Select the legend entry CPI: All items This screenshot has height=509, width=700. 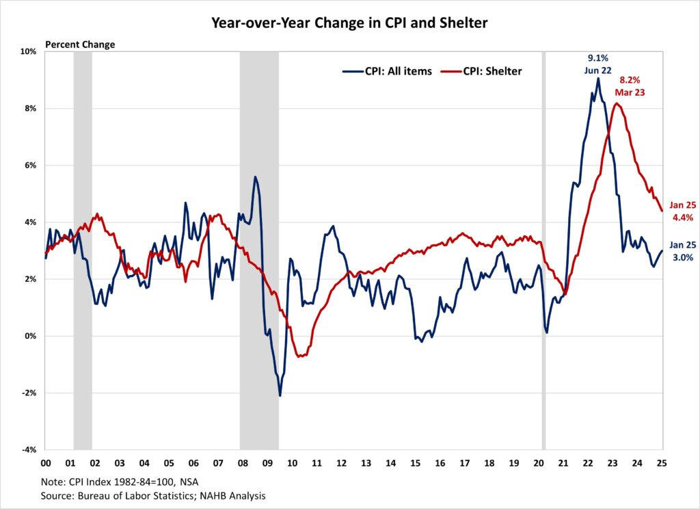click(x=387, y=71)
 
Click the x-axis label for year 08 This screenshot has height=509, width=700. click(x=243, y=463)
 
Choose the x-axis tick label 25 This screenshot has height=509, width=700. click(x=662, y=463)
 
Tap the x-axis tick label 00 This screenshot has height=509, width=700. click(x=46, y=463)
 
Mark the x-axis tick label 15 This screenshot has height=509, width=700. click(x=416, y=463)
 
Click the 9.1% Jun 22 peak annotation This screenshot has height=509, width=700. click(x=597, y=64)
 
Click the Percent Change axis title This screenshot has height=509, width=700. click(x=80, y=44)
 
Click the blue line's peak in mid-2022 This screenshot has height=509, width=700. click(x=598, y=78)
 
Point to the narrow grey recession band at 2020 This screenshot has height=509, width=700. click(x=544, y=250)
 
